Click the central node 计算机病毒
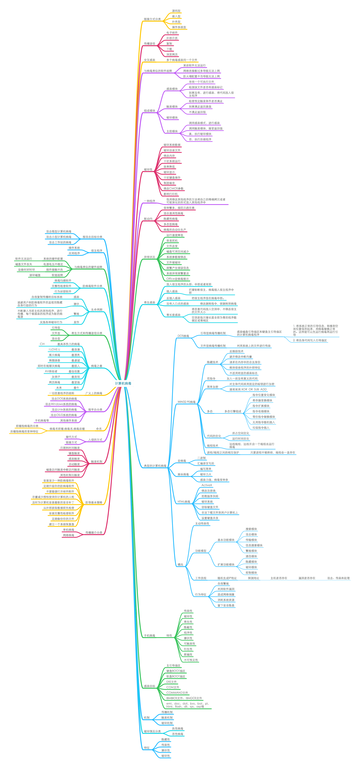[123, 383]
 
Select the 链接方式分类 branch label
[152, 19]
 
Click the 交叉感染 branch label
[149, 60]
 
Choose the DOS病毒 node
[183, 336]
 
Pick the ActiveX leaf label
[207, 485]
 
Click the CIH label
[42, 344]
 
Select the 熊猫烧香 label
[54, 360]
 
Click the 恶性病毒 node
[178, 734]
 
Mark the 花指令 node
[211, 379]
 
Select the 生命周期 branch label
[97, 310]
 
